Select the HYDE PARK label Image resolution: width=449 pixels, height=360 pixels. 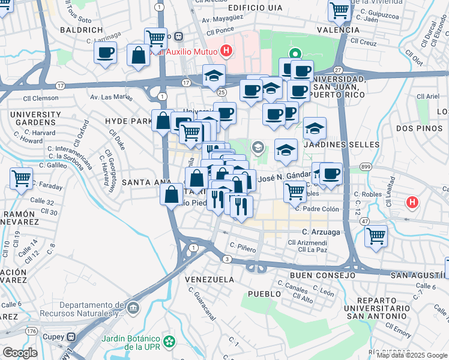(129, 121)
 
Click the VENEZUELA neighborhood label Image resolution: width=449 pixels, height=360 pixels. (209, 280)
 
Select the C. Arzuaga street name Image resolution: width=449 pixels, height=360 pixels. (321, 232)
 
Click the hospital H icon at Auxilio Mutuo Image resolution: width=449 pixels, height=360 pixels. (226, 51)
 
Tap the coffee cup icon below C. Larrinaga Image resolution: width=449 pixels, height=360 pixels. (106, 53)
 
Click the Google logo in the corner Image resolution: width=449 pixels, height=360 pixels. (20, 353)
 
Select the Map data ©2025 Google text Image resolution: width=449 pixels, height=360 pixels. (412, 355)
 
